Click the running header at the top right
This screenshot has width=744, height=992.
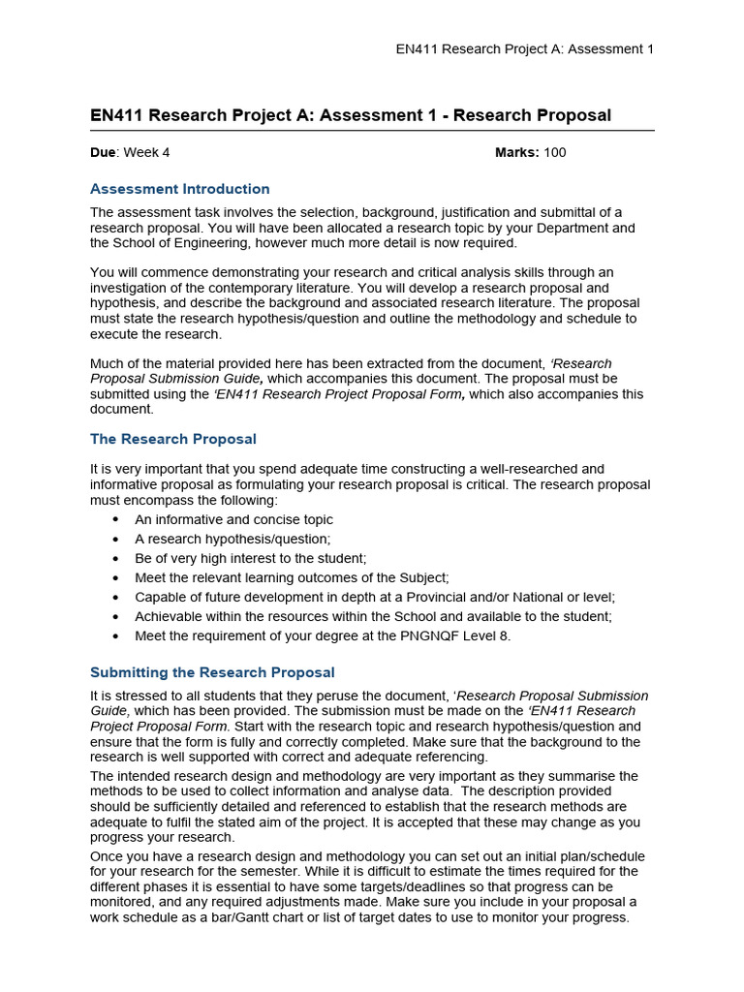(x=525, y=49)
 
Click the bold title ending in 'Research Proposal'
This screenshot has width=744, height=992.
(x=351, y=115)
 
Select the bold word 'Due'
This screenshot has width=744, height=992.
(x=103, y=152)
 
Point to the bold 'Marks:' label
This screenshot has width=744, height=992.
(x=517, y=152)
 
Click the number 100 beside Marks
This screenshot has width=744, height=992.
(x=555, y=152)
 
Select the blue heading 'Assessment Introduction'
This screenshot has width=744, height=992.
(x=179, y=189)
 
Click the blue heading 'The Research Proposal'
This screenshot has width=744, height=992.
(x=173, y=439)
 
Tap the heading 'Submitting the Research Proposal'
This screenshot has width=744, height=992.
(x=212, y=672)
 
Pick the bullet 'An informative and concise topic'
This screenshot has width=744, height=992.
(x=233, y=519)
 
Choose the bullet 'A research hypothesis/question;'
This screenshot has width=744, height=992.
(x=232, y=539)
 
